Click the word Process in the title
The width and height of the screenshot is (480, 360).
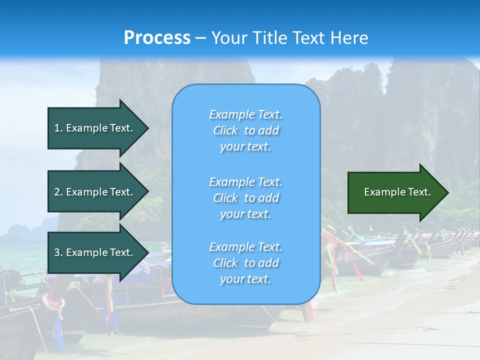[157, 38]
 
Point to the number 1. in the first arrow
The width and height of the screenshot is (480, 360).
[58, 128]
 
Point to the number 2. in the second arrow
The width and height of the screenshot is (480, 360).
[58, 192]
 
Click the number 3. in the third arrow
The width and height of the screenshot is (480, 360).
[58, 252]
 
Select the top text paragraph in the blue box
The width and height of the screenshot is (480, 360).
[245, 130]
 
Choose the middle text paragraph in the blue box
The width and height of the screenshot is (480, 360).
[245, 198]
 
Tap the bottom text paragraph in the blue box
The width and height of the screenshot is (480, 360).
[245, 263]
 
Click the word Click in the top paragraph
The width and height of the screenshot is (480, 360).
[225, 130]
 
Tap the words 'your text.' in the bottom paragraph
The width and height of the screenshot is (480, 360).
[245, 279]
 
